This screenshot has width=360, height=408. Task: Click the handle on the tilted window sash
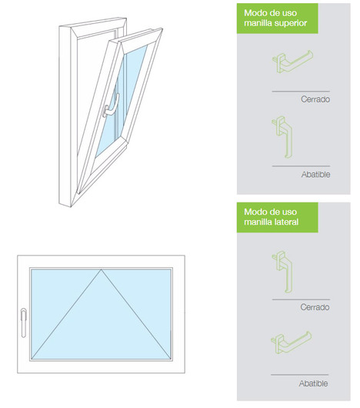[x=112, y=106]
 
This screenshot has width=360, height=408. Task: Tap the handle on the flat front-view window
[x=23, y=323]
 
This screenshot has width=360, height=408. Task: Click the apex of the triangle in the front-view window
[x=101, y=269]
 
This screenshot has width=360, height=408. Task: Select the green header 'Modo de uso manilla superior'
[x=277, y=18]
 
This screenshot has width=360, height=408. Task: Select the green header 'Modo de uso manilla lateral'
[x=277, y=217]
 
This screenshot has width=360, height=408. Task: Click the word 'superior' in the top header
[x=291, y=23]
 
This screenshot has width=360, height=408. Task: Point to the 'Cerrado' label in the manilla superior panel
[x=315, y=99]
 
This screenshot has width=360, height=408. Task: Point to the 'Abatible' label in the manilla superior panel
[x=315, y=174]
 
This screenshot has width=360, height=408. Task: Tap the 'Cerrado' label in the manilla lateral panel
[x=315, y=307]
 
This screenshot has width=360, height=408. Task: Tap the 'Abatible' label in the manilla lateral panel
[x=313, y=383]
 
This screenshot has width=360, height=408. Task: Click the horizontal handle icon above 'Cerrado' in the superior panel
[x=292, y=62]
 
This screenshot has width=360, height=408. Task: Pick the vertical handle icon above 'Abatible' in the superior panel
[x=282, y=137]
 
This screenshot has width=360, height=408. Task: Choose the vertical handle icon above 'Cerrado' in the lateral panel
[x=282, y=272]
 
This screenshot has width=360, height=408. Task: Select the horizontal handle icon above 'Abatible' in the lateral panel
[x=291, y=342]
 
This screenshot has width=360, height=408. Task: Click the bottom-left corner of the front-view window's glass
[x=32, y=360]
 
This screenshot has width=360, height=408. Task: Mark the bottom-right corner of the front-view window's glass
[x=171, y=360]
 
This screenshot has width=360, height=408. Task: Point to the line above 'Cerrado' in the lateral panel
[x=301, y=299]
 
